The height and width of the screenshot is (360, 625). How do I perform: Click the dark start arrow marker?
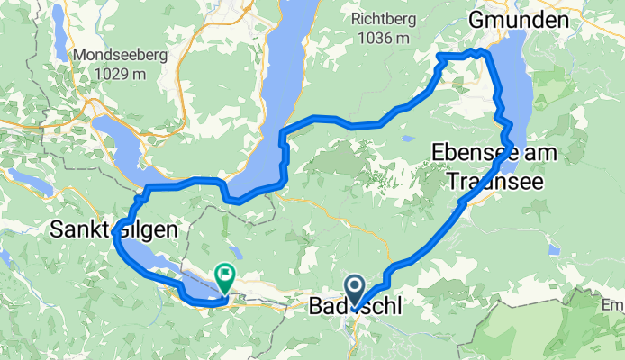[356, 290]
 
